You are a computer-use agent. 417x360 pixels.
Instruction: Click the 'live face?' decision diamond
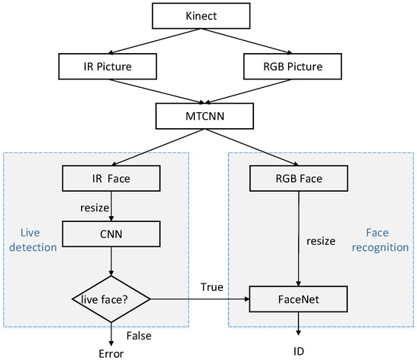click(112, 301)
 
